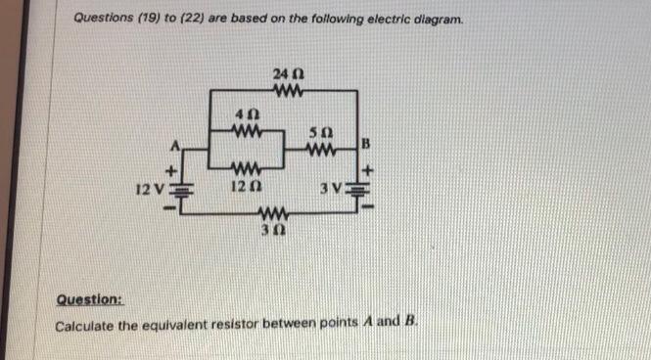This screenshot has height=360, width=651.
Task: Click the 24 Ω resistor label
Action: [285, 75]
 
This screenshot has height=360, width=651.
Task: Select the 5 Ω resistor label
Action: [315, 132]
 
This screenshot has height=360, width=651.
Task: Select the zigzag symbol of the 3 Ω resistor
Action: [270, 214]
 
